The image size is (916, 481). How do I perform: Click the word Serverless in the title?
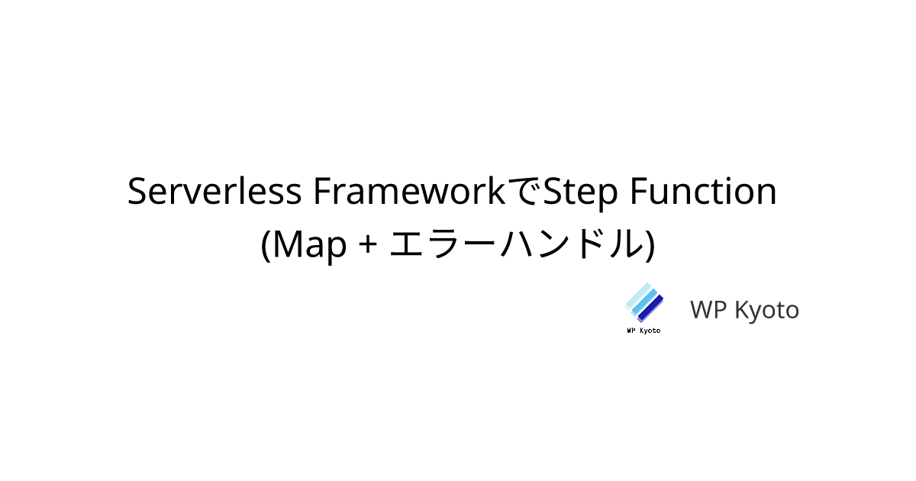(214, 191)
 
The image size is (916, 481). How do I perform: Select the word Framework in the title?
(409, 191)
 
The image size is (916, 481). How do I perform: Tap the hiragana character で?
(524, 191)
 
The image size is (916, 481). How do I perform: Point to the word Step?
(581, 194)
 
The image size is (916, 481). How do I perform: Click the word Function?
(703, 191)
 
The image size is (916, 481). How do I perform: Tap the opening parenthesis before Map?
(266, 245)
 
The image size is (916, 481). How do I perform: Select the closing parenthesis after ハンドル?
(650, 245)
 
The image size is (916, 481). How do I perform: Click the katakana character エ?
(406, 244)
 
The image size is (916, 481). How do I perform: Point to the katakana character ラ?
(447, 244)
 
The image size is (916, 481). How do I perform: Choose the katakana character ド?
(592, 244)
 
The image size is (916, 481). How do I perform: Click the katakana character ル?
(625, 244)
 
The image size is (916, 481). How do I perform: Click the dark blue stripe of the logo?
(650, 308)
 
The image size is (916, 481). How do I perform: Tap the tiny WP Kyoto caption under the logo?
(643, 331)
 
